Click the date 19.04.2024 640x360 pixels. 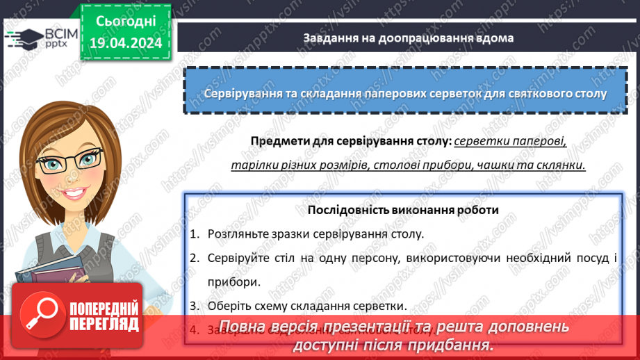[126, 43]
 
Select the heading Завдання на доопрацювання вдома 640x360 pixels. [408, 38]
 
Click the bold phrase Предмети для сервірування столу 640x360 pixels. [351, 142]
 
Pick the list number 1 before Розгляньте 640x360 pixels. [194, 234]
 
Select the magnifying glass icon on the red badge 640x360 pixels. [40, 314]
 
